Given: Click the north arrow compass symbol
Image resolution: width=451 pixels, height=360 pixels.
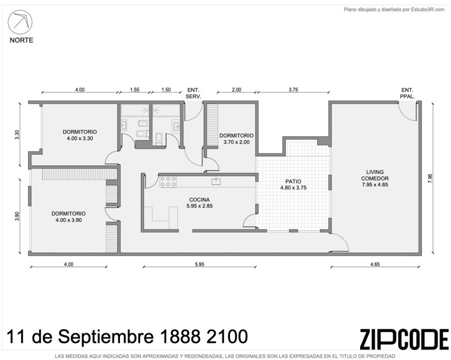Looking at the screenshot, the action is pos(20,22).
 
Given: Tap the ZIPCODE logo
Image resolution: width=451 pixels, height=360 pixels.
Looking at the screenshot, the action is pos(404,339).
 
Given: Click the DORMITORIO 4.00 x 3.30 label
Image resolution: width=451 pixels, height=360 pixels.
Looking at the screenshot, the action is pos(80,135).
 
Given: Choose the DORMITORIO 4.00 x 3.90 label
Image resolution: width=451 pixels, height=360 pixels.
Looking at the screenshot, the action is pos(68,217).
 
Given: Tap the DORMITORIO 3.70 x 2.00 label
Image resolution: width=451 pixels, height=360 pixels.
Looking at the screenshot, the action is pos(237,139).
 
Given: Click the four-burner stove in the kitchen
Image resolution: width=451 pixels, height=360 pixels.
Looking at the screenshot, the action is pos(168,182).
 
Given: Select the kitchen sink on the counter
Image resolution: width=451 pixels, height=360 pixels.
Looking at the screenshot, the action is pos(216,181).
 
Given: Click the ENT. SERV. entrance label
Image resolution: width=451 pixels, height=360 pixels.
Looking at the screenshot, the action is pos(194,93).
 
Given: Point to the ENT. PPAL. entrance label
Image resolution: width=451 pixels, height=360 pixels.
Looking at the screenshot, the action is pos(407,93).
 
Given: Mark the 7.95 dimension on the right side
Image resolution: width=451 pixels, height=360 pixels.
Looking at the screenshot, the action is pos(429,178).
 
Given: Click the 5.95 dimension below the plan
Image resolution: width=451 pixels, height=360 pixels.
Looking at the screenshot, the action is pos(199,264).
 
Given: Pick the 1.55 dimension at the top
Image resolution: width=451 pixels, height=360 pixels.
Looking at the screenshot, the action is pos(134,89).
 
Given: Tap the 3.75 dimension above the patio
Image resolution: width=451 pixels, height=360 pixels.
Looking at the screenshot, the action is pos(293,89).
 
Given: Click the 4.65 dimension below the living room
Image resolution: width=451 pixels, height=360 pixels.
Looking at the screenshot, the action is pos(375,264).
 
